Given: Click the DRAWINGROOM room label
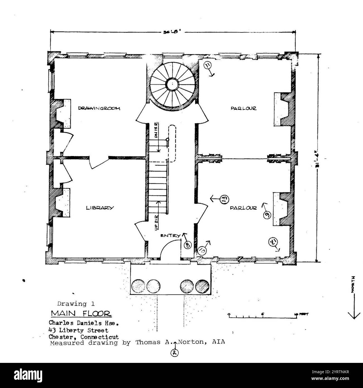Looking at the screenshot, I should (x=99, y=108).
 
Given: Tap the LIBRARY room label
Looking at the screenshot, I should (x=100, y=208).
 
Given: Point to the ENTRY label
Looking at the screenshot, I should (x=170, y=236).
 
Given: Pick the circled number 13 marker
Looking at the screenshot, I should (x=224, y=199).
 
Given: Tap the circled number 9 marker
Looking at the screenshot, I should (x=267, y=214).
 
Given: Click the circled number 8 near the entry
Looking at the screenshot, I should (x=188, y=245).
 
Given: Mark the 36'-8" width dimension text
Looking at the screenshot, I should (x=173, y=32).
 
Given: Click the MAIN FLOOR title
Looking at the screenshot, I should (x=81, y=313).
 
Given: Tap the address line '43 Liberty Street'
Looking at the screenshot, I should (x=78, y=330).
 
